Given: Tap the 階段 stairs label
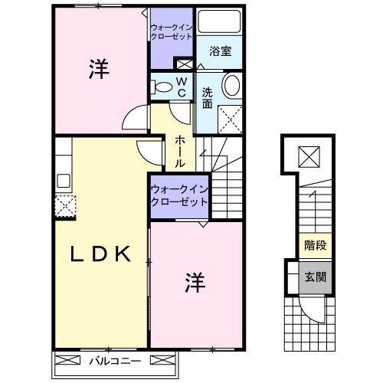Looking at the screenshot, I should [x=314, y=247].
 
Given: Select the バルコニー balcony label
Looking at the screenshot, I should [x=113, y=359].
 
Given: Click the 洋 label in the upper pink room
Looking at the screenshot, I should [x=97, y=70].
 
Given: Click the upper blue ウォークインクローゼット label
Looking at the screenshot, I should [x=172, y=33].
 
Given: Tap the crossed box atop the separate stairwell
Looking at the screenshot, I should [x=309, y=157].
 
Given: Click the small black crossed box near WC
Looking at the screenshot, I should [x=184, y=64].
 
